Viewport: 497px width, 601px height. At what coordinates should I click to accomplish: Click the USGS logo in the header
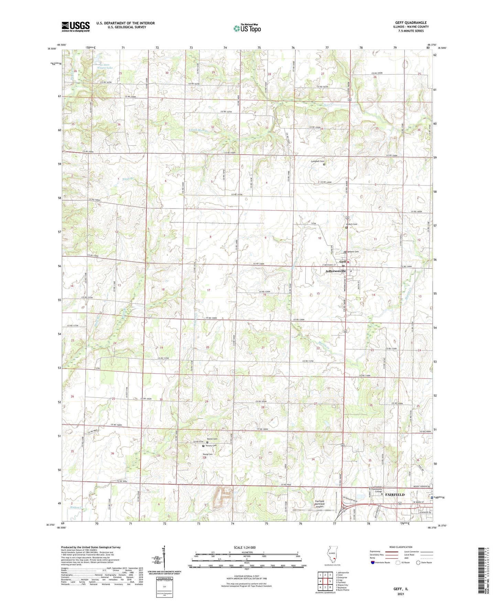click(76, 27)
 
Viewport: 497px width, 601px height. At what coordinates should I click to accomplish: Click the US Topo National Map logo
click(247, 28)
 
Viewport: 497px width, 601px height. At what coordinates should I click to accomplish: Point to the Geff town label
click(343, 262)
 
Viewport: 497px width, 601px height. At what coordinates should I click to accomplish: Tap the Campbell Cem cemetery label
click(317, 161)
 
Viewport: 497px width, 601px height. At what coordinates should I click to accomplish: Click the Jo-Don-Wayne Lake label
click(105, 66)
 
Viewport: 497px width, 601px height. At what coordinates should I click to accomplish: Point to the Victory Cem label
click(211, 446)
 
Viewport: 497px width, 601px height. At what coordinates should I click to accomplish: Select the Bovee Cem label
click(212, 439)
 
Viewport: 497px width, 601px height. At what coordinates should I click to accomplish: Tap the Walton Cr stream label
click(76, 507)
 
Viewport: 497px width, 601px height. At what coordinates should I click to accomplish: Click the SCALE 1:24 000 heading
click(244, 547)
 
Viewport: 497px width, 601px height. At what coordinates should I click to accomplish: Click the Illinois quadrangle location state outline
click(332, 557)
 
